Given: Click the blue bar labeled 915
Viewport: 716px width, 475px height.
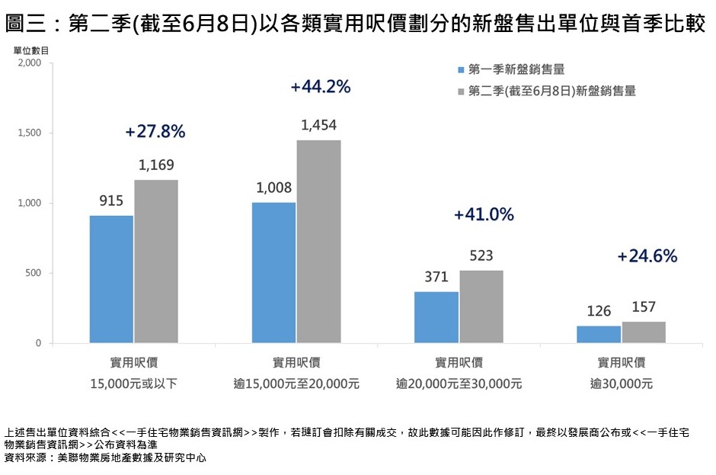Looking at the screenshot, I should (x=111, y=279).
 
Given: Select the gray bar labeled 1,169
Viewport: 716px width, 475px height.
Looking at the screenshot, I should (x=156, y=262).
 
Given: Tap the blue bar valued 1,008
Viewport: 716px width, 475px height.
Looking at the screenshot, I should (x=273, y=273).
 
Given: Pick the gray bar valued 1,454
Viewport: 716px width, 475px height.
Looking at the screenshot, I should (x=318, y=242).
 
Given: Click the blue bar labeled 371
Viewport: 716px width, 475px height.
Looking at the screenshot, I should (x=436, y=317).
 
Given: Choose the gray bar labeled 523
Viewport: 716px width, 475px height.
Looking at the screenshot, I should (x=481, y=307).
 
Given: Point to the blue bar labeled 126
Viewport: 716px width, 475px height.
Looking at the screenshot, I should (x=599, y=335).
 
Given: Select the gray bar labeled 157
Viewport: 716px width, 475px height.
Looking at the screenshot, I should (x=644, y=332).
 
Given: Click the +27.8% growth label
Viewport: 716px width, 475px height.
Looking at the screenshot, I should (x=155, y=132).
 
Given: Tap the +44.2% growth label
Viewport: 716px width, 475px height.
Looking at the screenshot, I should (x=321, y=87).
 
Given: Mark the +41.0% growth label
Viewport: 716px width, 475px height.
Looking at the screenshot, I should (x=484, y=215).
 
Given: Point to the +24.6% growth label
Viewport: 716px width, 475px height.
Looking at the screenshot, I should (x=647, y=256).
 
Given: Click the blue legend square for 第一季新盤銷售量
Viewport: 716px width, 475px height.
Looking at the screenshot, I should (x=461, y=70).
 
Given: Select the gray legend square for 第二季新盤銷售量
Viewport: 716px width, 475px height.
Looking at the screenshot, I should (x=461, y=91).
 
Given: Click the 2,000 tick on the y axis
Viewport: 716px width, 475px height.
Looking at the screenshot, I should (x=30, y=63).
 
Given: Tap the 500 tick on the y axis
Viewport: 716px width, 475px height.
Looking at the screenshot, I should (x=35, y=274).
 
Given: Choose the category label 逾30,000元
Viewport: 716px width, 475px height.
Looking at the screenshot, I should (x=622, y=384).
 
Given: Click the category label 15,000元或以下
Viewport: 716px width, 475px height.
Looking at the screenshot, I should (x=134, y=384).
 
